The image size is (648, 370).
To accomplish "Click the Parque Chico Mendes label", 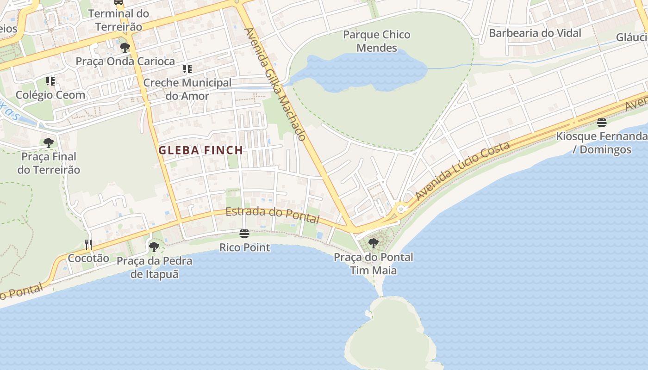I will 377,41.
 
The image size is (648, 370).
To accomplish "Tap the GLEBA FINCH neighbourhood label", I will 201,150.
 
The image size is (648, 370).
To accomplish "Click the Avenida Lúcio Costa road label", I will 462,171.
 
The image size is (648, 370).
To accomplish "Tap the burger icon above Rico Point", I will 244,234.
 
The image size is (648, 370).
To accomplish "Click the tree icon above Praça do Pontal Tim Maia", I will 374,243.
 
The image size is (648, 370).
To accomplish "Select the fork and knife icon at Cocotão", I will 88,244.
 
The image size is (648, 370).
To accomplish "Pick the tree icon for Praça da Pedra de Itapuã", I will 154,247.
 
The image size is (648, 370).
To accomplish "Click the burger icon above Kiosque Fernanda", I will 602,123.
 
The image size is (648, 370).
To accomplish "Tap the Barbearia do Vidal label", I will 535,33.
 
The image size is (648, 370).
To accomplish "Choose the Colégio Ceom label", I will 50,95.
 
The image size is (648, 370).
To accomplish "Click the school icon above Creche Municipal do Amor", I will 187,69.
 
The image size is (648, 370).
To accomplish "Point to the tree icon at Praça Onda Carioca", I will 125,47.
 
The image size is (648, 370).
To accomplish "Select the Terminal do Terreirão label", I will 118,20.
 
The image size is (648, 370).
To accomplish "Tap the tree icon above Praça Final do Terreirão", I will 49,142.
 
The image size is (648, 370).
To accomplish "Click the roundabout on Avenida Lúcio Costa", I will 401,209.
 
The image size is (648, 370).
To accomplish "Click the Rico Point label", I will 244,247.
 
